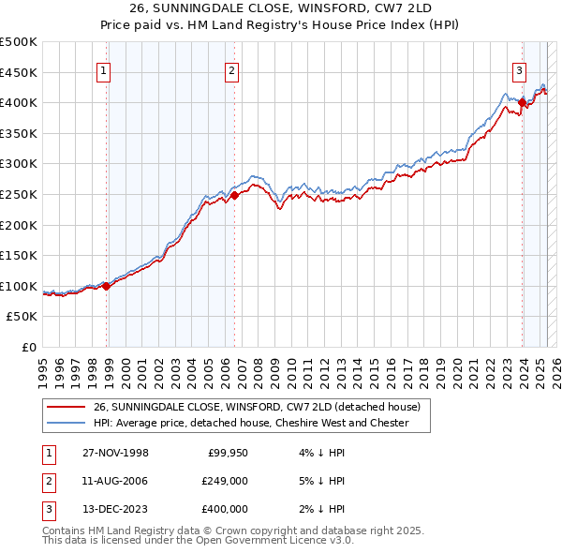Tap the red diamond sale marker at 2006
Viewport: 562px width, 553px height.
pyautogui.click(x=235, y=195)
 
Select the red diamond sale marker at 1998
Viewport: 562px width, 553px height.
pyautogui.click(x=107, y=286)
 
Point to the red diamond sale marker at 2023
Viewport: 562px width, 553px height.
pyautogui.click(x=522, y=103)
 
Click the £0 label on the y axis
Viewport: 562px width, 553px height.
pyautogui.click(x=28, y=347)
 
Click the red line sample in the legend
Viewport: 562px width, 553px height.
pyautogui.click(x=66, y=407)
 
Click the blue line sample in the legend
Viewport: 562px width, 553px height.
pyautogui.click(x=66, y=423)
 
